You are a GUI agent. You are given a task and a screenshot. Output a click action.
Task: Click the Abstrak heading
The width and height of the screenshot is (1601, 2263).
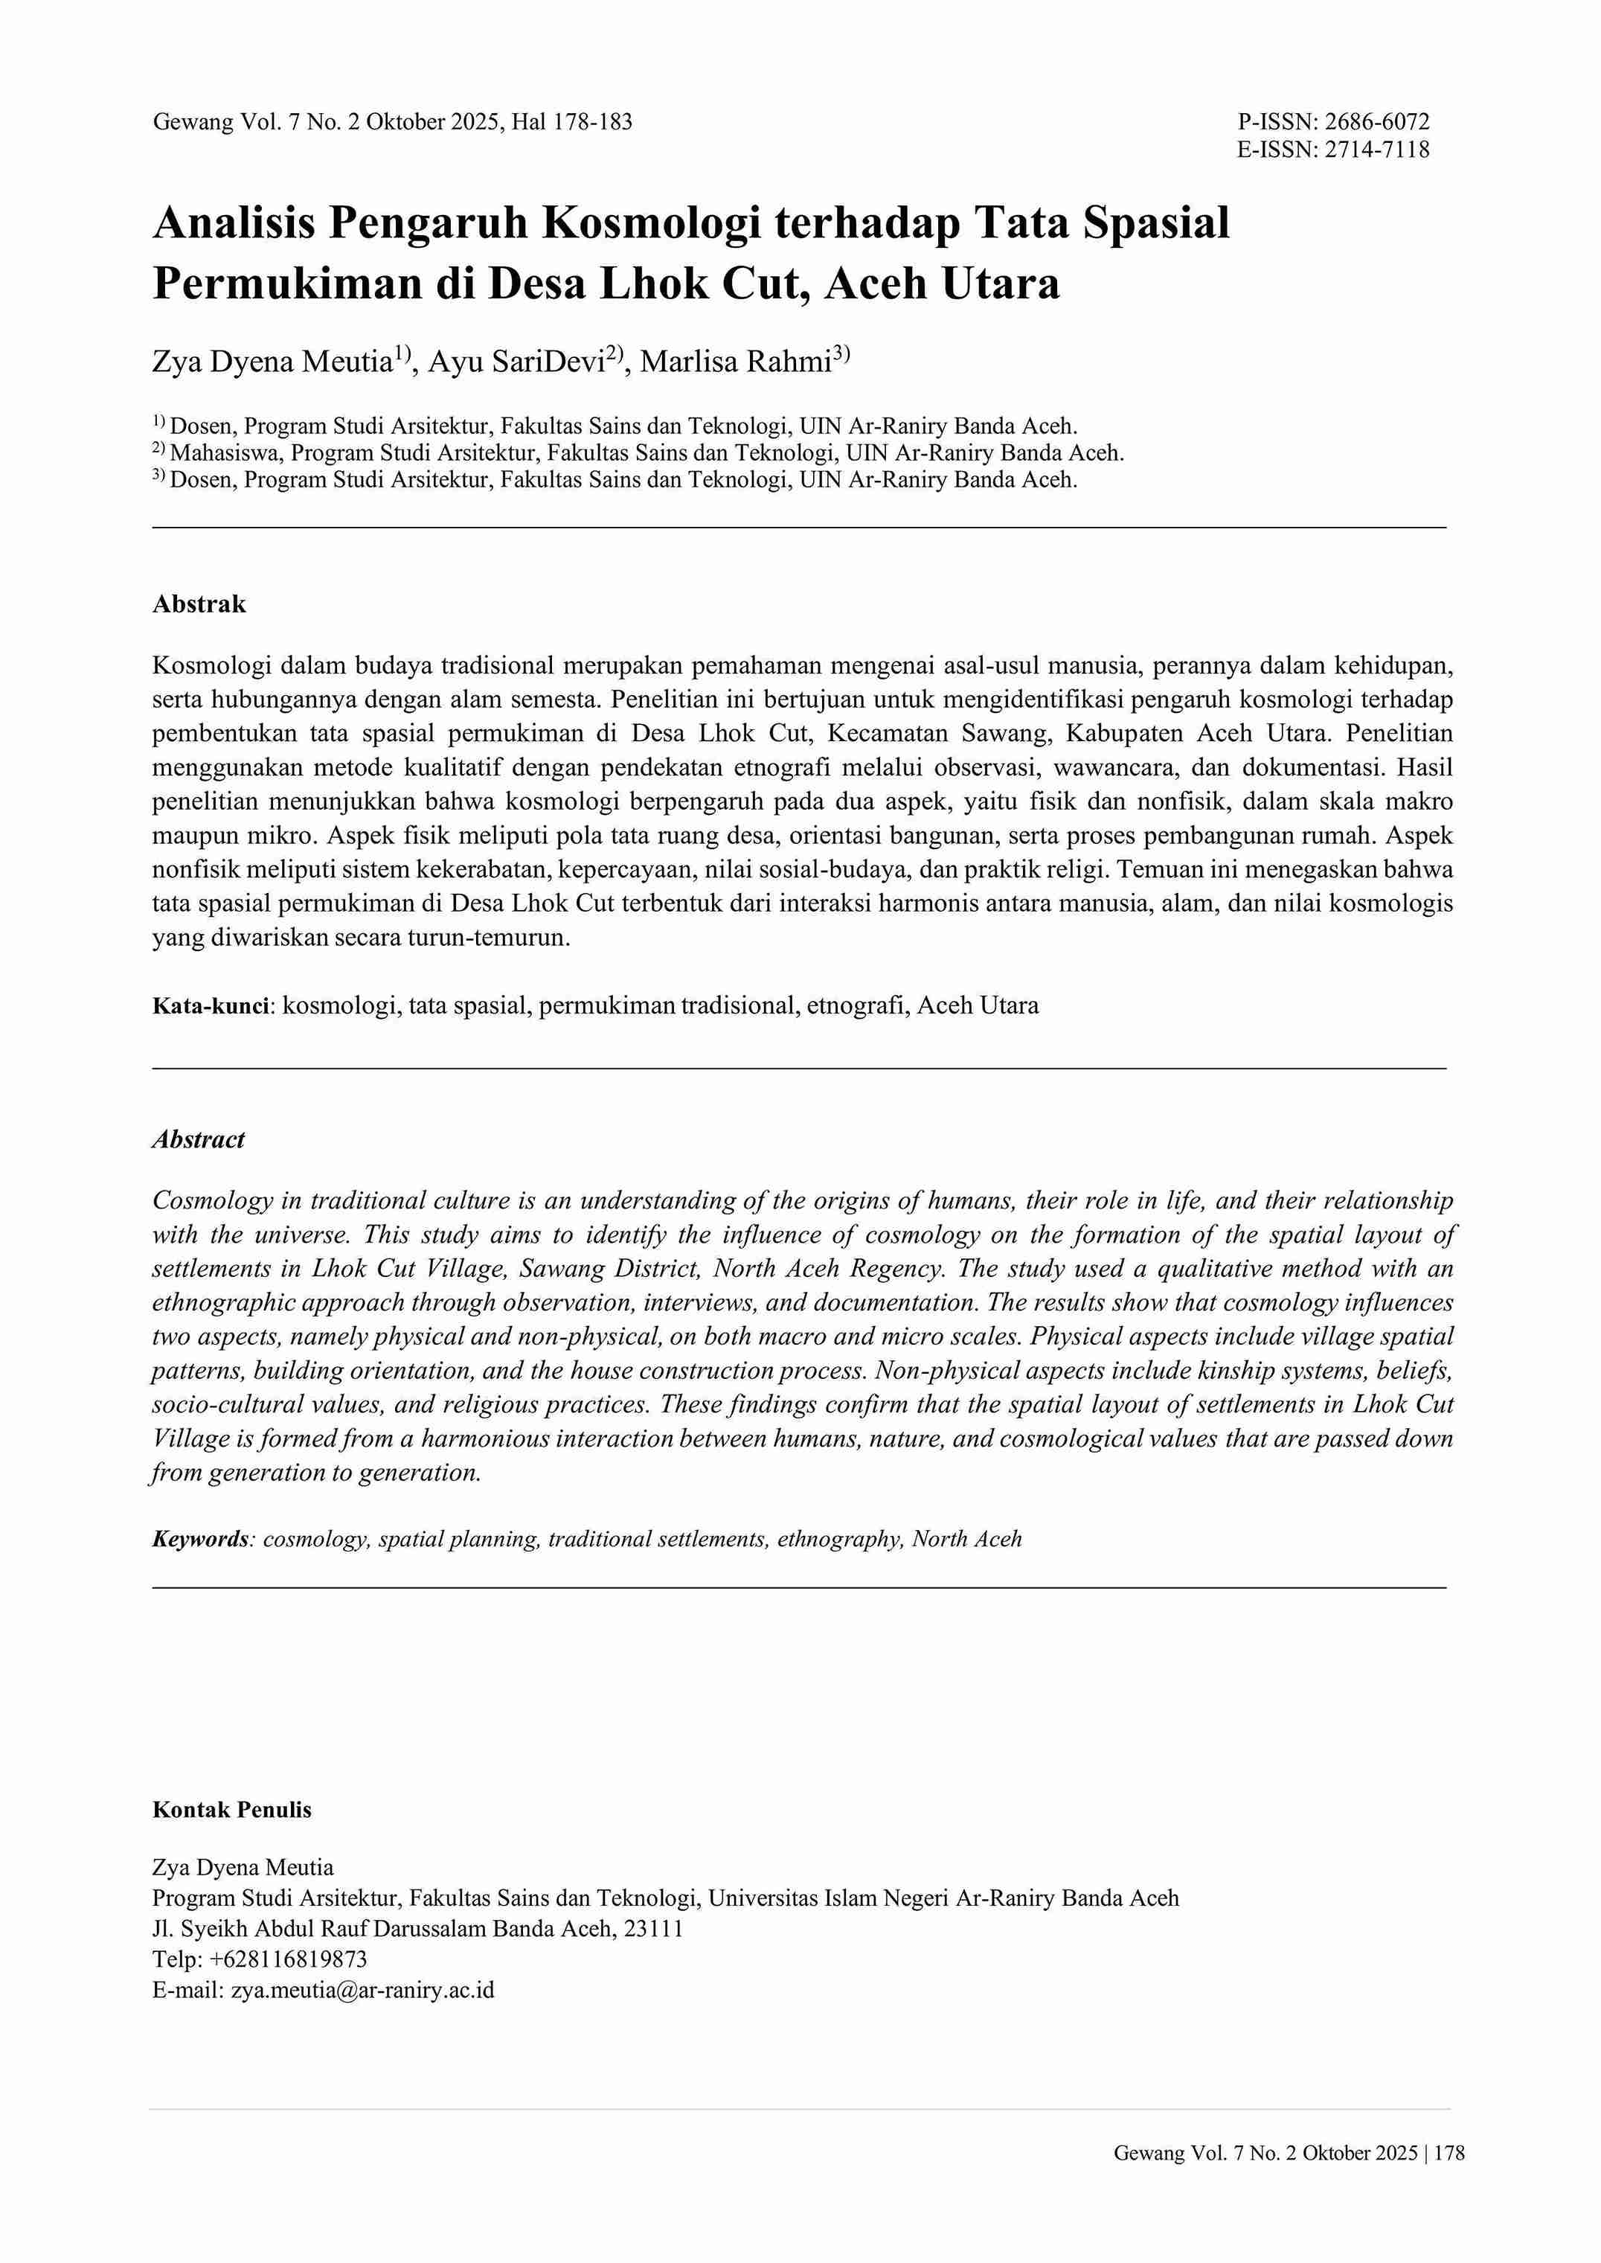point(199,604)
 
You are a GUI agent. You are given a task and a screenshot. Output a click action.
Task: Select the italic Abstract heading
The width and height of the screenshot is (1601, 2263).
point(198,1140)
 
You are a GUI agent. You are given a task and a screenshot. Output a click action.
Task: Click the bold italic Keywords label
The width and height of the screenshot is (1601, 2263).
point(200,1539)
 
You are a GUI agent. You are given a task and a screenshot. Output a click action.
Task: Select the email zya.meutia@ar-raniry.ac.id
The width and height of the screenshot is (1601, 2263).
point(363,1990)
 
